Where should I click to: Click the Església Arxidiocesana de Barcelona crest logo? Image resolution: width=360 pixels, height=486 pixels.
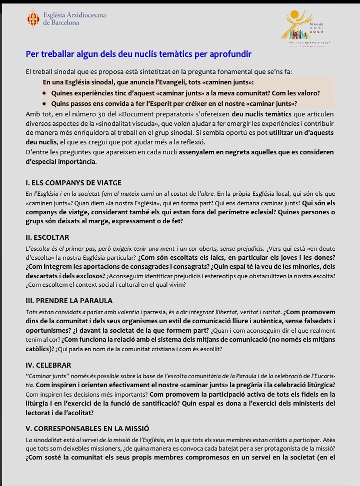coord(33,18)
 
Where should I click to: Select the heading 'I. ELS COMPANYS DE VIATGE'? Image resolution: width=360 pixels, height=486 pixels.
coord(73,183)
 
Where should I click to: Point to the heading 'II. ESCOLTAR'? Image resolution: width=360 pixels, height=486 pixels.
coord(47,237)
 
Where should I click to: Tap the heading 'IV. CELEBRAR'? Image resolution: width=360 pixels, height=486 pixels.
coord(48,365)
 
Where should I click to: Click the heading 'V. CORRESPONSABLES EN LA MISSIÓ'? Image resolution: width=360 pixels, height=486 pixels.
coord(87,429)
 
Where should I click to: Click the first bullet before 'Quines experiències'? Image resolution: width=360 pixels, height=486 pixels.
coord(44,93)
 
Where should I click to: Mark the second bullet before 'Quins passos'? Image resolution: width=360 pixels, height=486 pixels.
coord(44,104)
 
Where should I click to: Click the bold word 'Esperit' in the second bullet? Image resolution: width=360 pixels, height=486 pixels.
coord(173,104)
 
